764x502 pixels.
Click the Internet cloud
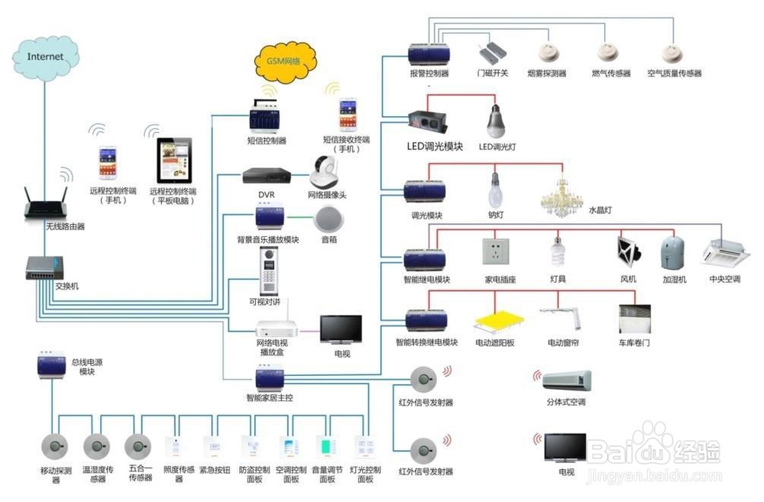pos(45,55)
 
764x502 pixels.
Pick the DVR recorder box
pos(266,176)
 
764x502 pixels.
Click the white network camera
pos(325,173)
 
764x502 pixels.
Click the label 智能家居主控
pos(269,398)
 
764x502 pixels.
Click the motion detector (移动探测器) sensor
pos(55,445)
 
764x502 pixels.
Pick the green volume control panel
pos(327,446)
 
